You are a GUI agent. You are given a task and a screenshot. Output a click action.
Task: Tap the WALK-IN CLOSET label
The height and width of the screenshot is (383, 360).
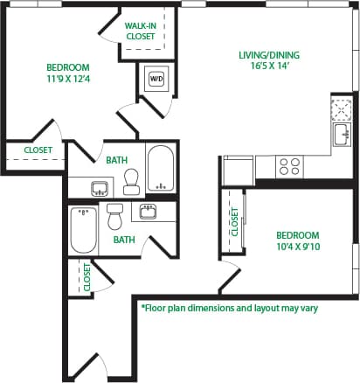click(x=140, y=32)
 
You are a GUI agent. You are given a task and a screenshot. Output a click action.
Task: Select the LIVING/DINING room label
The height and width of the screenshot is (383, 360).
click(x=268, y=55)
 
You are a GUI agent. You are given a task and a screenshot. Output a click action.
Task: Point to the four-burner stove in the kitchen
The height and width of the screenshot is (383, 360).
click(x=289, y=164)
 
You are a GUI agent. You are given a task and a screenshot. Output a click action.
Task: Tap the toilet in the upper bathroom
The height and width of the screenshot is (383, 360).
click(x=132, y=182)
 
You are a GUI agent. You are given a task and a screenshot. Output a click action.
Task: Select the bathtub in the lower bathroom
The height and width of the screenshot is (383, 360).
click(x=84, y=229)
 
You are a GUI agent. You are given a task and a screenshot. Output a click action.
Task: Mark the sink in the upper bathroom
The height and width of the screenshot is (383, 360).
click(x=100, y=187)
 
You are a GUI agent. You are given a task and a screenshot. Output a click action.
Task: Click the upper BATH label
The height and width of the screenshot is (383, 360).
click(x=118, y=160)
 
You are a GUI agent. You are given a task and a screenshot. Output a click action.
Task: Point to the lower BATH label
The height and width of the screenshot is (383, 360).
click(x=123, y=239)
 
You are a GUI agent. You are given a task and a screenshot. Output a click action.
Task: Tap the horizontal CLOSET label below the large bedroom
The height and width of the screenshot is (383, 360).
click(x=38, y=150)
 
